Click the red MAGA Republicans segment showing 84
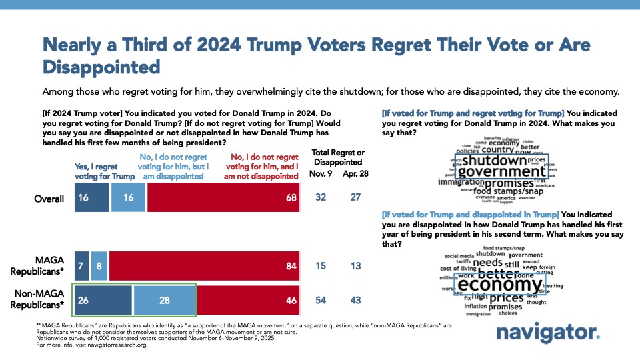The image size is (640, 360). [x=204, y=265]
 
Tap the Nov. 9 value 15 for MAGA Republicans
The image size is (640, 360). [x=321, y=265]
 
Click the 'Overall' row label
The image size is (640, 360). [x=50, y=199]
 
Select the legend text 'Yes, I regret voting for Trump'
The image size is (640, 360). [x=103, y=171]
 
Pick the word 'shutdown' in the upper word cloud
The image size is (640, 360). [x=494, y=160]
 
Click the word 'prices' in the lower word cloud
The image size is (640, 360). [x=507, y=298]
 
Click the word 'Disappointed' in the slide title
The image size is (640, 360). [x=101, y=67]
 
